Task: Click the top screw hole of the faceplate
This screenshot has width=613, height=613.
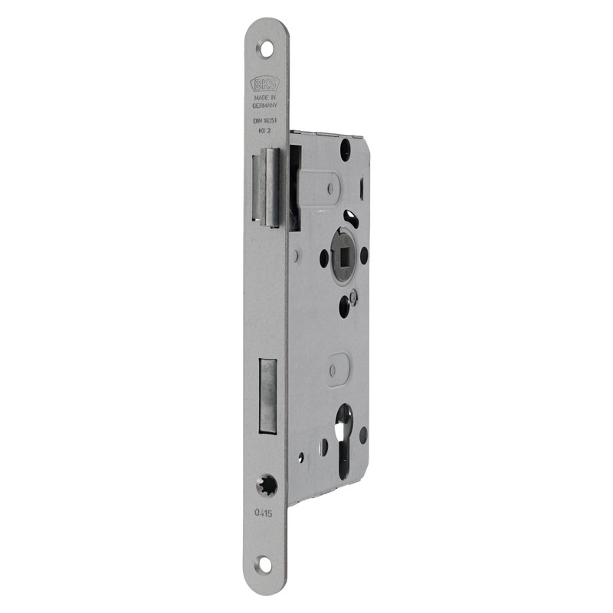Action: pyautogui.click(x=267, y=48)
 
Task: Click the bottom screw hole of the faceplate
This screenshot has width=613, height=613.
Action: pyautogui.click(x=265, y=565)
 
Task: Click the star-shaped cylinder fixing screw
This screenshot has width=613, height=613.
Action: pyautogui.click(x=267, y=484)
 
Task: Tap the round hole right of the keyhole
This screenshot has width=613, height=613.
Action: pyautogui.click(x=362, y=434)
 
